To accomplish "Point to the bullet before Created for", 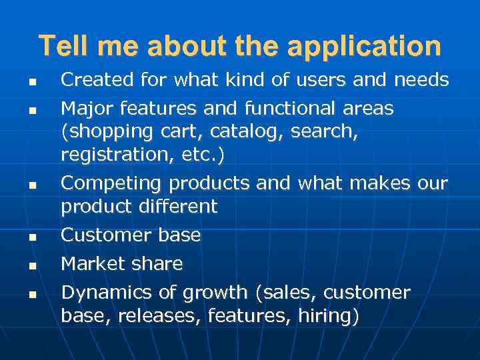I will (x=32, y=82).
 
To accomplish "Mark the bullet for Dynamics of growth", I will (x=32, y=294).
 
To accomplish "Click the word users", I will (x=310, y=80).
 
